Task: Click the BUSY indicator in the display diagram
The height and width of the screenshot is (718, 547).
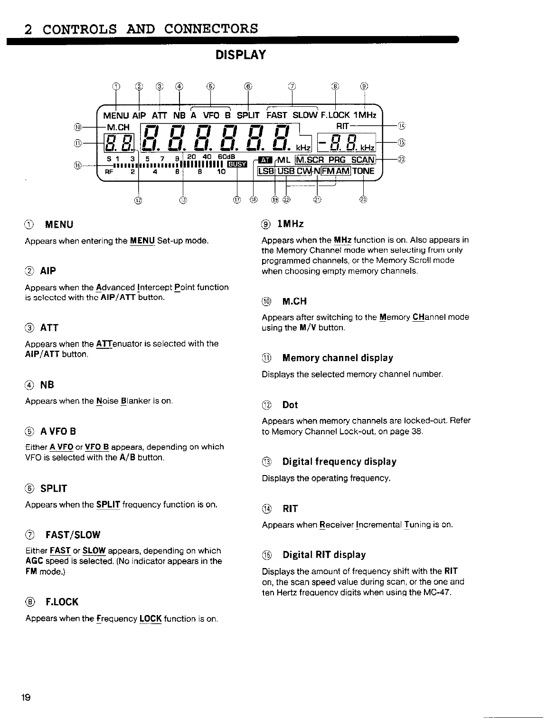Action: (x=236, y=164)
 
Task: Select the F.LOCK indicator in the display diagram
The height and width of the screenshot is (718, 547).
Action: (x=335, y=115)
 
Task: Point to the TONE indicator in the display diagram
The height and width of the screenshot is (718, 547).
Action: (x=363, y=171)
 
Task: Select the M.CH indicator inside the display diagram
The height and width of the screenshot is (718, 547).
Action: (x=118, y=127)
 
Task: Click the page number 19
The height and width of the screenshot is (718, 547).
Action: (x=26, y=698)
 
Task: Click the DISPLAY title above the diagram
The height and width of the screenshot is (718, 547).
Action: (x=240, y=56)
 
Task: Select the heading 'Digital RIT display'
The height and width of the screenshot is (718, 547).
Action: (x=324, y=555)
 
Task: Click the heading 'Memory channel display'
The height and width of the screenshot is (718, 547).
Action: (x=338, y=358)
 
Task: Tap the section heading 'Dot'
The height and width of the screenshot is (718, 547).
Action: (x=290, y=405)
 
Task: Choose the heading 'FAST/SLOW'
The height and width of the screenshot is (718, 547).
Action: (x=73, y=535)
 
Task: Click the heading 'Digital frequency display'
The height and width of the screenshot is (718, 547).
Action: (x=339, y=462)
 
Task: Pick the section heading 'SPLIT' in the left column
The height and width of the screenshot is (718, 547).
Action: (x=54, y=488)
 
